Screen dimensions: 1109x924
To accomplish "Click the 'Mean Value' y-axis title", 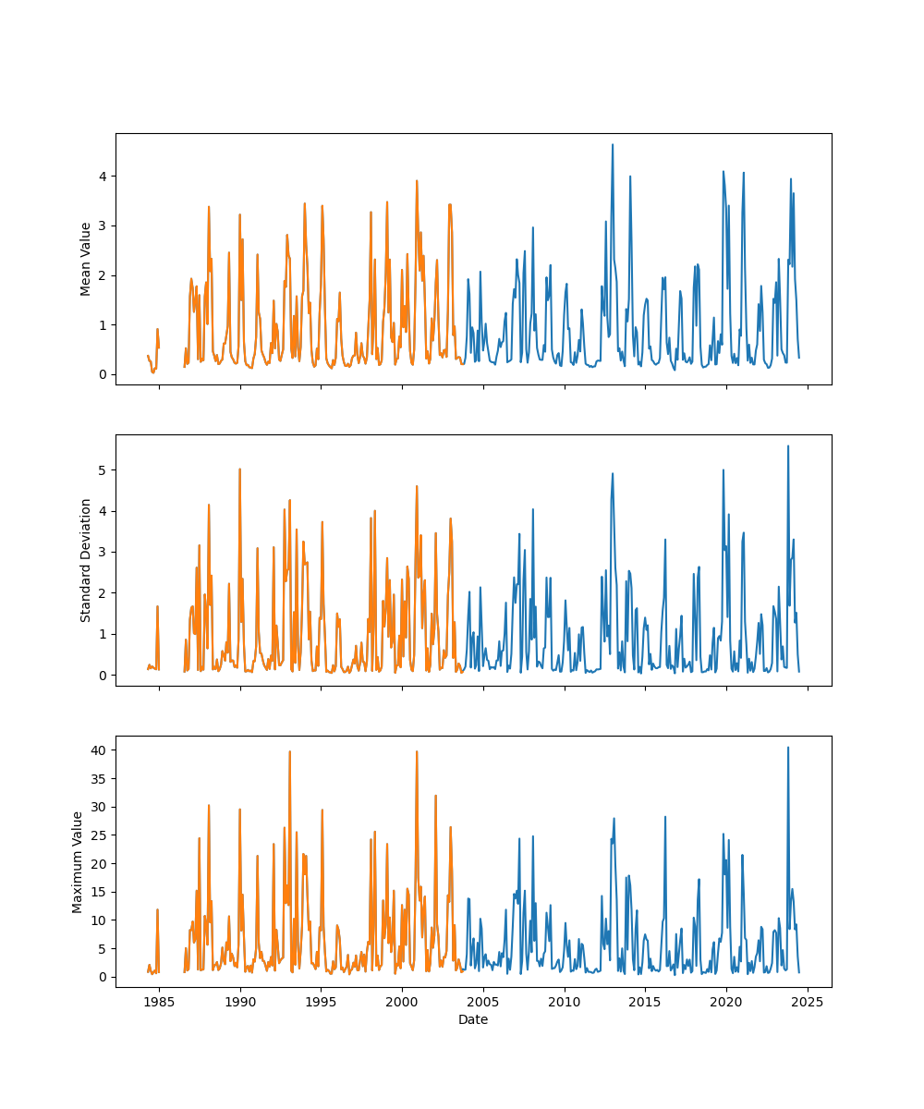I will click(x=86, y=259).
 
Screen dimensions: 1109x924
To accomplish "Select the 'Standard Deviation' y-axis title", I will click(x=86, y=560).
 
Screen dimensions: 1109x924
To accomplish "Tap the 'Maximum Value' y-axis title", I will click(x=78, y=862).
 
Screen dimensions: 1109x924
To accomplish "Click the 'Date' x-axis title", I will click(x=473, y=1019).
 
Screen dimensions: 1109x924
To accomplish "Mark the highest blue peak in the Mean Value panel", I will click(x=612, y=144).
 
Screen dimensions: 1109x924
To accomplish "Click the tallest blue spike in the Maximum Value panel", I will click(x=787, y=748).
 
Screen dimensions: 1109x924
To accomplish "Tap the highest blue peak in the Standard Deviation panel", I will click(x=787, y=446).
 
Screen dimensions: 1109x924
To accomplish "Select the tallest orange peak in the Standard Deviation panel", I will click(x=239, y=469).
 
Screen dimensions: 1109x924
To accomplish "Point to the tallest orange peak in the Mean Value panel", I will click(x=417, y=181).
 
